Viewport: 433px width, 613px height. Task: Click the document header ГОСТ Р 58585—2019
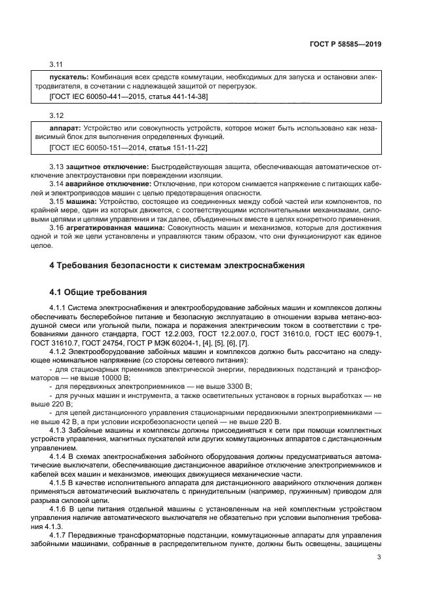coord(345,44)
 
